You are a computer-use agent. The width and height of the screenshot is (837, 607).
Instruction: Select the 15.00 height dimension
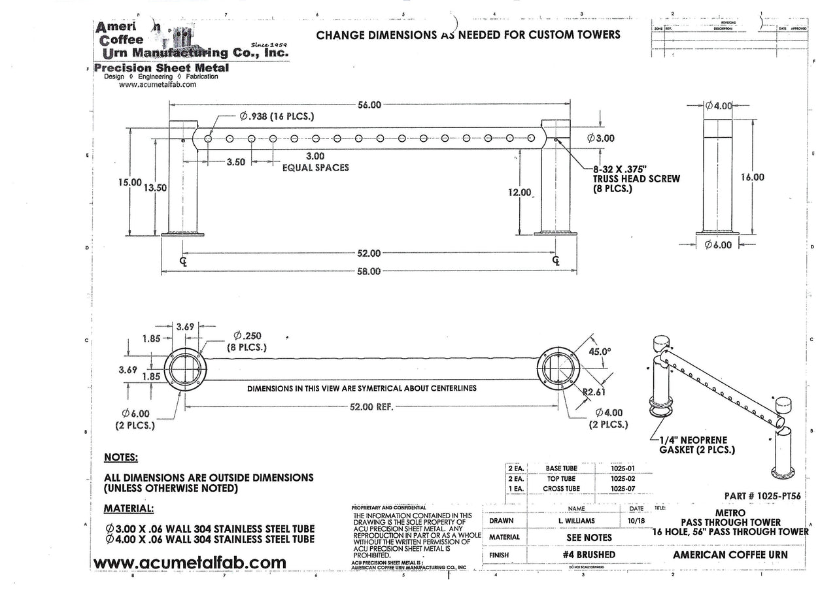pos(129,183)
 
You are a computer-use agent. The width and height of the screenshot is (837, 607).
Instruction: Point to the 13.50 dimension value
pos(155,187)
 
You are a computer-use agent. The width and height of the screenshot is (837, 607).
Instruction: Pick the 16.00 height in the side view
pos(753,176)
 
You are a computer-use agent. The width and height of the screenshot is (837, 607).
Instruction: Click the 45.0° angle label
pos(601,351)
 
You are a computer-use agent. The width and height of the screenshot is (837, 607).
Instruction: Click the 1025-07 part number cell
pos(621,488)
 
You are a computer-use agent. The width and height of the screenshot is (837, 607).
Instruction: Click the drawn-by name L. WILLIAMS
pos(576,521)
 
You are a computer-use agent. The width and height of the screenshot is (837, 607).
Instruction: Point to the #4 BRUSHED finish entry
pos(589,555)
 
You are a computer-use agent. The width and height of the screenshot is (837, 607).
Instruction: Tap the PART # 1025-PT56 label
pos(763,495)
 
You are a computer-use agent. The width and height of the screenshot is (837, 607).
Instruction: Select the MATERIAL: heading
pos(129,508)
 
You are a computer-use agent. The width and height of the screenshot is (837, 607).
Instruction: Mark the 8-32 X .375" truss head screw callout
pos(636,178)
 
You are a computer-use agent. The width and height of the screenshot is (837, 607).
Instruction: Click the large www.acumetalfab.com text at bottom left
pos(190,563)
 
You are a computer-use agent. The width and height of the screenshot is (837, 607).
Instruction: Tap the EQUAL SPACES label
pos(315,167)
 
